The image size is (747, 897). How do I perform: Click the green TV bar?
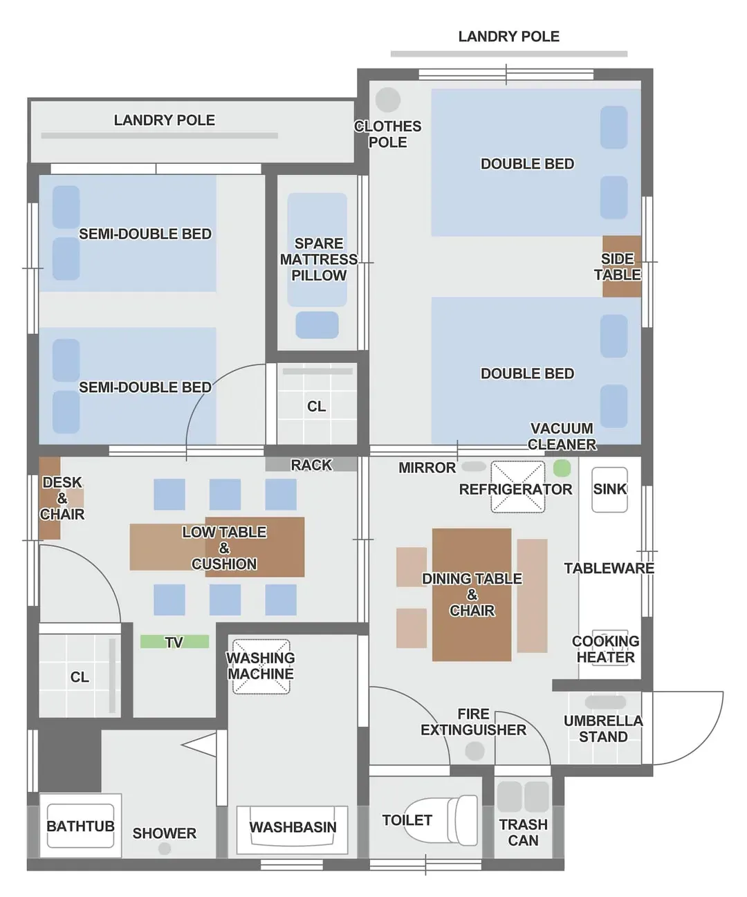click(x=174, y=641)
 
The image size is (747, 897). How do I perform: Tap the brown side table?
click(x=622, y=266)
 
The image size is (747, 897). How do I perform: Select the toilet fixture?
click(x=441, y=820)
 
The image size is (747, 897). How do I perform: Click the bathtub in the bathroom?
click(x=80, y=826)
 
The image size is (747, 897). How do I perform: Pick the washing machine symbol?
click(x=261, y=666)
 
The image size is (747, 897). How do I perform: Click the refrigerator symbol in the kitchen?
click(x=517, y=487)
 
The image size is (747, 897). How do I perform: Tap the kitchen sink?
click(x=609, y=490)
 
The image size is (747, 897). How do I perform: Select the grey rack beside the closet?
click(x=311, y=464)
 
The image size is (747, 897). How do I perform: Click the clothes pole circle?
click(x=388, y=100)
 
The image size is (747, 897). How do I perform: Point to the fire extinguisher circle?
click(x=474, y=751)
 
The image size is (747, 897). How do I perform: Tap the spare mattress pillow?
click(x=317, y=325)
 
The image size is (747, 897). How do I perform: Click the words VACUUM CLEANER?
click(x=562, y=436)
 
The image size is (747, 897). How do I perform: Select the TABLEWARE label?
click(x=609, y=568)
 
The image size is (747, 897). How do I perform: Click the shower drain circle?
click(x=165, y=849)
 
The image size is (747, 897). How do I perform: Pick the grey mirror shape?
click(x=474, y=466)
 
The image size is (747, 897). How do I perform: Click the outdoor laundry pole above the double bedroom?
click(x=509, y=54)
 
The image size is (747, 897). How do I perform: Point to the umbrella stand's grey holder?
click(x=605, y=703)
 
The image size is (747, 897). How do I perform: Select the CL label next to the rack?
click(x=317, y=407)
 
